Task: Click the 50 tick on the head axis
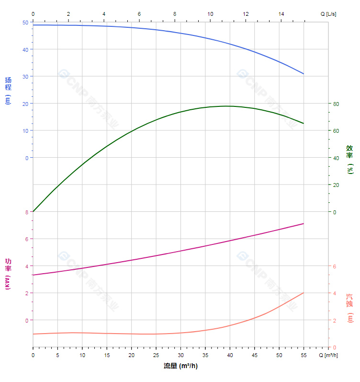(25, 23)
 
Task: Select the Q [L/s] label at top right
(328, 14)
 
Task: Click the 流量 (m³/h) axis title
(180, 366)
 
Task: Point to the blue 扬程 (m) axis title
(8, 90)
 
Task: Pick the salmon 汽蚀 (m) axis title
(350, 308)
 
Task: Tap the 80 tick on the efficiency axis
(336, 104)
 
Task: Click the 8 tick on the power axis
(27, 212)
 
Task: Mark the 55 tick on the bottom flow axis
(304, 355)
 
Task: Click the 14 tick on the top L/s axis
(281, 14)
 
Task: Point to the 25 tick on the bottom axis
(156, 355)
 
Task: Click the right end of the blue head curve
(304, 74)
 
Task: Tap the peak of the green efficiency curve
(227, 106)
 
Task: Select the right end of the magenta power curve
(304, 223)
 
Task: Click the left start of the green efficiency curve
(33, 212)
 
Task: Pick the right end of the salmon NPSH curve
(304, 293)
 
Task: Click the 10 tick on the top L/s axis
(210, 14)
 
